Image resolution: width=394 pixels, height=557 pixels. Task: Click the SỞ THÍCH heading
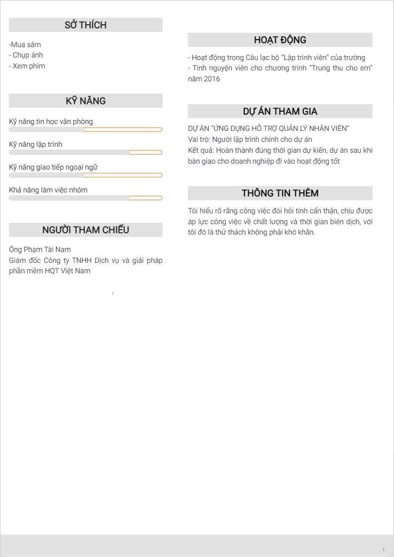(x=85, y=25)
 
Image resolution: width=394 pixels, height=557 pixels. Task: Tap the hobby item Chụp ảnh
(x=26, y=55)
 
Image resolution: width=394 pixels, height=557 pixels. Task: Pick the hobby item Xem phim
(x=27, y=66)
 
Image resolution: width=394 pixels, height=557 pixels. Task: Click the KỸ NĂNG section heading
(x=85, y=101)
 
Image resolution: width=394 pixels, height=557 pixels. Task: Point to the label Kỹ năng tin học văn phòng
(x=51, y=122)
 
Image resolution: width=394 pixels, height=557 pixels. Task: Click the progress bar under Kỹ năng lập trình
(x=85, y=152)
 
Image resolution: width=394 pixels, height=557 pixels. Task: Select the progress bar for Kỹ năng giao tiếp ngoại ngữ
(x=85, y=175)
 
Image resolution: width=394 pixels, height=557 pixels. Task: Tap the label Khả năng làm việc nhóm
(x=48, y=190)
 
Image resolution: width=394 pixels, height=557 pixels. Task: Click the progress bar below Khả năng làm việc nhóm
(x=85, y=198)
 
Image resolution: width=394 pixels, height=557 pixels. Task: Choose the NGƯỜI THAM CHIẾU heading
(x=85, y=230)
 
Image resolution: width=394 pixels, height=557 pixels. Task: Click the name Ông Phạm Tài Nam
(x=40, y=249)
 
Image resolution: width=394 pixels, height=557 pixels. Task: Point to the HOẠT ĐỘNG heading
(x=280, y=40)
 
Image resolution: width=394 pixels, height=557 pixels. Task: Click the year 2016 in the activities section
(x=211, y=79)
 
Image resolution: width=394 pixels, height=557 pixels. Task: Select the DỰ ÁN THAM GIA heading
(x=280, y=111)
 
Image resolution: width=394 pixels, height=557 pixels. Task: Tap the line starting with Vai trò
(x=250, y=139)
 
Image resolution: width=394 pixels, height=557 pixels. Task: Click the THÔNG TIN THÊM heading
(x=280, y=193)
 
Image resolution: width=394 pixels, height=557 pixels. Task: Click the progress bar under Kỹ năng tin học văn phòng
(x=85, y=129)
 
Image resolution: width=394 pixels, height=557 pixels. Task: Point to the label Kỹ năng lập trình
(x=36, y=144)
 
